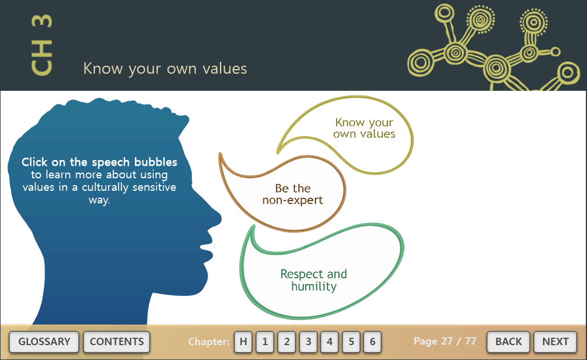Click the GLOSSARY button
[44, 342]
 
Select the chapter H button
[243, 342]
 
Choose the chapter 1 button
[265, 342]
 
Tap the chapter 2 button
[287, 342]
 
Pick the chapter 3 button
[309, 342]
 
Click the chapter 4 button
[329, 342]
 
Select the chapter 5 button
[351, 342]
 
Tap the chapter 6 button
[373, 342]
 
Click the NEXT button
[555, 342]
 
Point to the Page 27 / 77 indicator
[445, 341]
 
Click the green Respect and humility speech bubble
[314, 280]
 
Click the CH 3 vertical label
[42, 45]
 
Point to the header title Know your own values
[165, 69]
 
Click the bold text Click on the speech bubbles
[99, 162]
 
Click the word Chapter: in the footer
[209, 342]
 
